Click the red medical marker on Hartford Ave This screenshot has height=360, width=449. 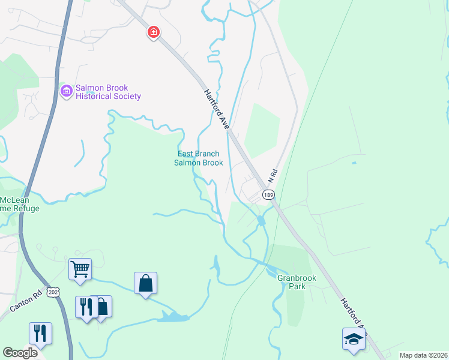[154, 32]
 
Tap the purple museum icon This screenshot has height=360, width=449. [66, 91]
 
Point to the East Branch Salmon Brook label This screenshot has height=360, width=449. [199, 158]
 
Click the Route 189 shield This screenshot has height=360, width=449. [268, 194]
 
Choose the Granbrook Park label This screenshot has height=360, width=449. [292, 282]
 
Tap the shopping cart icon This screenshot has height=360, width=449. [80, 269]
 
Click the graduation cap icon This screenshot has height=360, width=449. [354, 339]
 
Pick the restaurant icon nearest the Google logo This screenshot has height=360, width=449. [40, 333]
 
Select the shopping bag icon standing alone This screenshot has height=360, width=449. [145, 282]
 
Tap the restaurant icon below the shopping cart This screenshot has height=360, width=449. [85, 307]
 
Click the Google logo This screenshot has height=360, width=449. [20, 352]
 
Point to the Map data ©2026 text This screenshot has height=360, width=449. [423, 355]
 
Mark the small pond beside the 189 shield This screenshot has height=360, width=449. [261, 221]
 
